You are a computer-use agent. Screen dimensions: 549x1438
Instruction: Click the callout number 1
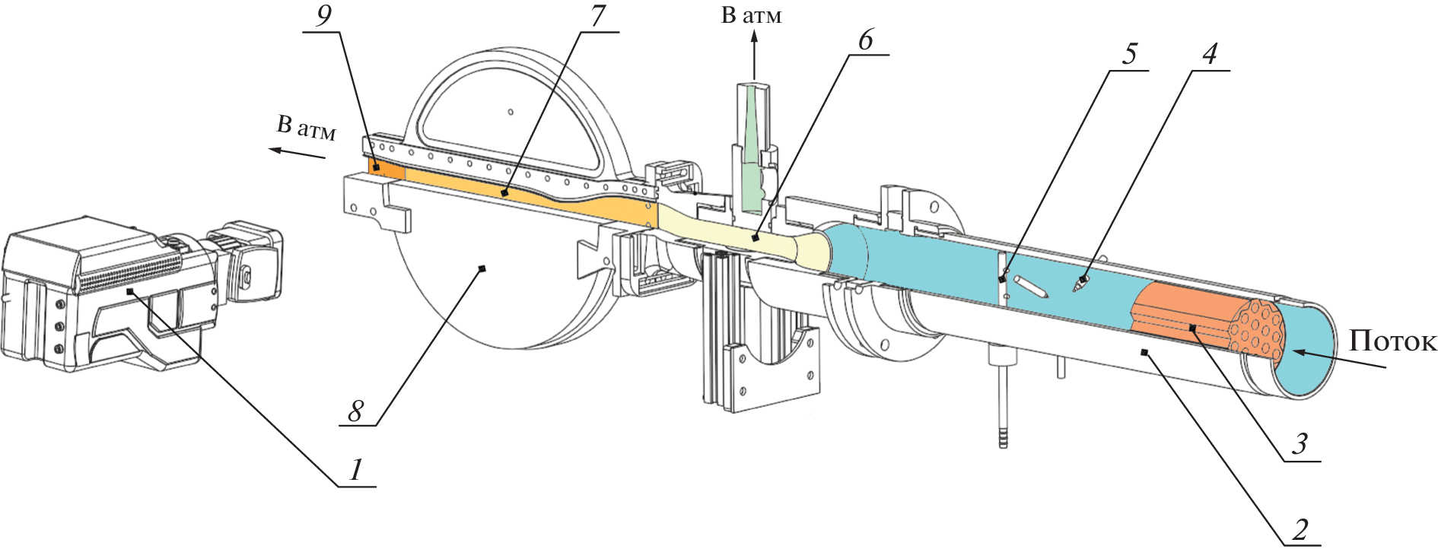point(355,470)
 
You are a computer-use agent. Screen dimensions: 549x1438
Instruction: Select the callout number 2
point(1300,529)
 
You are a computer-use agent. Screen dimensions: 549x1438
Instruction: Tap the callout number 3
point(1300,443)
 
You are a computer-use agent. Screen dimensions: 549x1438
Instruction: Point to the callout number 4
point(1209,53)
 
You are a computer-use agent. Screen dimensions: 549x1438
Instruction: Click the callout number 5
point(1129,53)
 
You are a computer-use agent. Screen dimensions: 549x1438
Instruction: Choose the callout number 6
point(866,40)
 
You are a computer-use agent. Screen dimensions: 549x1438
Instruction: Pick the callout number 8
point(355,411)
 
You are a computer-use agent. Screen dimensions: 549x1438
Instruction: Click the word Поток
point(1392,341)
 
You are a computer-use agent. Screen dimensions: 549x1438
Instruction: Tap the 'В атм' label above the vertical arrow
point(751,15)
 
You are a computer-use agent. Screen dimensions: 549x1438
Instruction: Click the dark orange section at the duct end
point(387,170)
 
